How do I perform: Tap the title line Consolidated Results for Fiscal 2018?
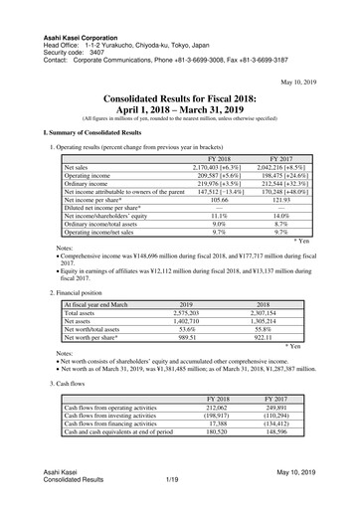pyautogui.click(x=180, y=100)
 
